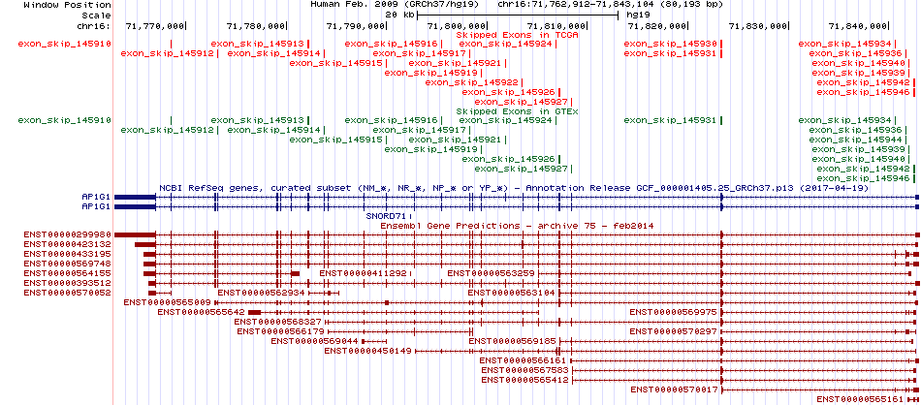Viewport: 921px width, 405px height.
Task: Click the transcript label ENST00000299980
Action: click(x=68, y=234)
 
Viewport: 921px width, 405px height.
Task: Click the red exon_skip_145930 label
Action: click(x=671, y=44)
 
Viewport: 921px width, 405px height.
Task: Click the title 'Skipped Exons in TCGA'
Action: click(x=518, y=35)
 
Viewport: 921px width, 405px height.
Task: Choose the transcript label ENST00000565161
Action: click(x=861, y=398)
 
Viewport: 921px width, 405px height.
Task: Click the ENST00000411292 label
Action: click(x=363, y=273)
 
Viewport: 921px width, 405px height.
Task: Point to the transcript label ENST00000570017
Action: click(x=675, y=389)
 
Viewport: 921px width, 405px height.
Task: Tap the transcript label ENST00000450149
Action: click(x=368, y=351)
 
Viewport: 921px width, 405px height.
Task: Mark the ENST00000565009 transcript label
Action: click(x=168, y=302)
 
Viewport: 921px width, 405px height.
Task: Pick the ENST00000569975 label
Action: click(x=674, y=312)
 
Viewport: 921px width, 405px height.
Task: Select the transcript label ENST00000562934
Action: click(x=262, y=293)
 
